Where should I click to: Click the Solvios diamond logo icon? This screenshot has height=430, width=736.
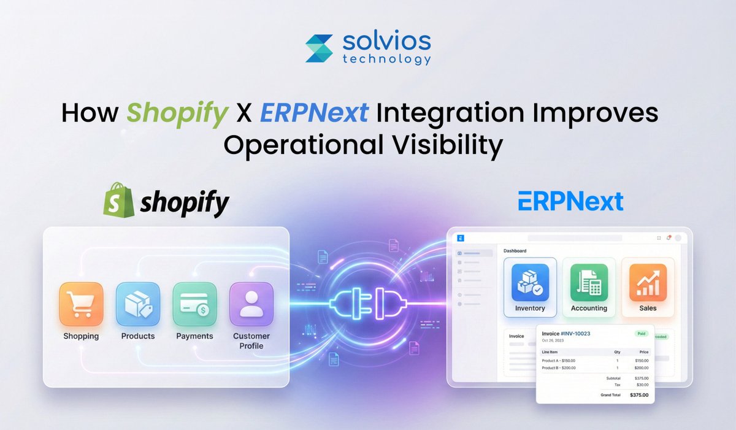(320, 48)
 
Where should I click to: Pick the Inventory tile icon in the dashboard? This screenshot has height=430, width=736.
(530, 282)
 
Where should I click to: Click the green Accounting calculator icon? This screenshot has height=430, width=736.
(589, 282)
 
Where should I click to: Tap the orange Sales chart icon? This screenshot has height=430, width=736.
(648, 282)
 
